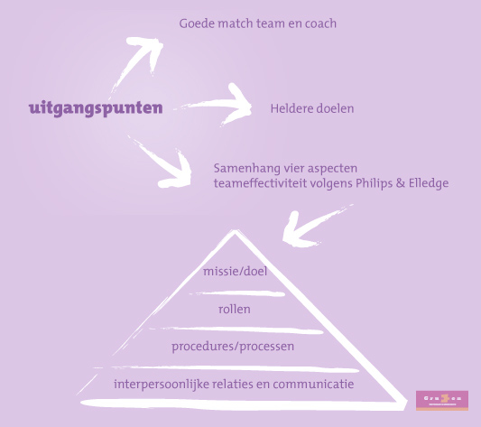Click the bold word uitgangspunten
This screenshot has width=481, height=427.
coord(96,108)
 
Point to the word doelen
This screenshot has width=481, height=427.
coord(336,109)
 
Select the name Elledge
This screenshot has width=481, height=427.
coord(424,183)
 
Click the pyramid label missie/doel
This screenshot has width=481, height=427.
coord(235,271)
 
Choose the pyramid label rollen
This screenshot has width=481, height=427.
coord(235,309)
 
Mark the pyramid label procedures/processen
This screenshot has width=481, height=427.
coord(234,346)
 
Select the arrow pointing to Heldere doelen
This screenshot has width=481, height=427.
coord(221,107)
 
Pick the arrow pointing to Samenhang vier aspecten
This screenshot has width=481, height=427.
coord(167,160)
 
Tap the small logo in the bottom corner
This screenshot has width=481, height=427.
coord(442,399)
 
